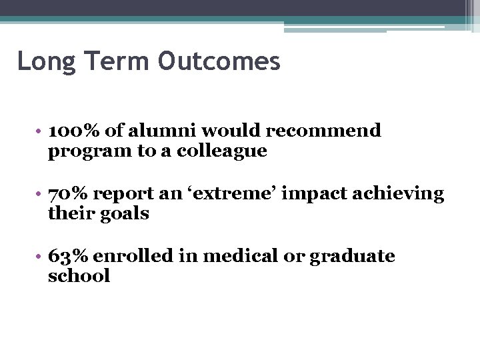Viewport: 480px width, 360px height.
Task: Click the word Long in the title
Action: click(x=41, y=61)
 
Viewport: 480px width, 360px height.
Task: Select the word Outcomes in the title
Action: click(x=219, y=61)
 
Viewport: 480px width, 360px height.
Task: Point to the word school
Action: click(x=79, y=277)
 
